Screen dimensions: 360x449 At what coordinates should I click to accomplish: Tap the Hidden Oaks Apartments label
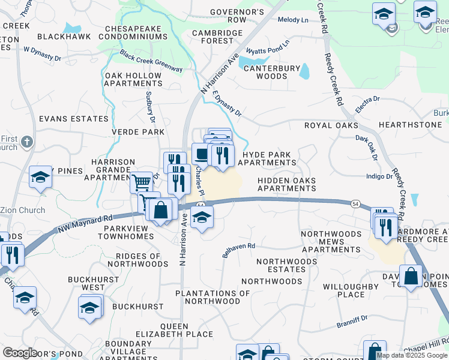point(286,184)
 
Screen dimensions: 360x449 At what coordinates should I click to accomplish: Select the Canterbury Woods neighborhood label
point(274,73)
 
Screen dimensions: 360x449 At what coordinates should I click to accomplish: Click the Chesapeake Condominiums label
point(136,32)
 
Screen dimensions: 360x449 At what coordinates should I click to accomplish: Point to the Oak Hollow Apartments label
point(133,79)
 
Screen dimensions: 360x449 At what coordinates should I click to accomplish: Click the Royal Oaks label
point(331,125)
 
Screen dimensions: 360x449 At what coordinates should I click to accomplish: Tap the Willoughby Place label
point(351,290)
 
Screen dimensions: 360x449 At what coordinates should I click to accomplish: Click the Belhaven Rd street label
point(239,250)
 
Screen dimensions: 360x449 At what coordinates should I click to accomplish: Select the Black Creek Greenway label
point(151,61)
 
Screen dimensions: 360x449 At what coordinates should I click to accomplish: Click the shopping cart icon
point(141,181)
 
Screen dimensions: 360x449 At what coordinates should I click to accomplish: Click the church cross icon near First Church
point(26,142)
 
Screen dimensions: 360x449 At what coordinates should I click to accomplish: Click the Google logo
point(20,352)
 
